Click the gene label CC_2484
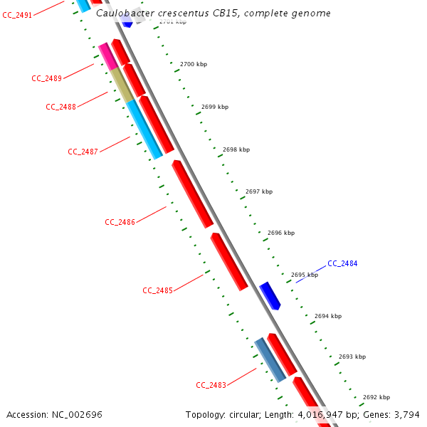click(x=342, y=263)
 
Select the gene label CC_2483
click(x=211, y=385)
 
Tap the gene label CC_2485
click(x=157, y=290)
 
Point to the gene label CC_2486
click(x=120, y=222)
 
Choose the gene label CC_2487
click(x=83, y=152)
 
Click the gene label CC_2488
click(x=60, y=107)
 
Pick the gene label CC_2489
click(x=46, y=78)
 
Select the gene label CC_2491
click(x=17, y=15)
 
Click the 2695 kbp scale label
click(x=304, y=275)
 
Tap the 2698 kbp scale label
click(x=236, y=150)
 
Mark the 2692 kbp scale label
click(x=376, y=397)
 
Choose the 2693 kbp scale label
click(x=352, y=357)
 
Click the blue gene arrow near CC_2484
click(x=270, y=295)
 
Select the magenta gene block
click(x=107, y=56)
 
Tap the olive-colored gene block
click(x=122, y=85)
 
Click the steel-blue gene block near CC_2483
click(x=270, y=359)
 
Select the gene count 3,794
click(x=405, y=414)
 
